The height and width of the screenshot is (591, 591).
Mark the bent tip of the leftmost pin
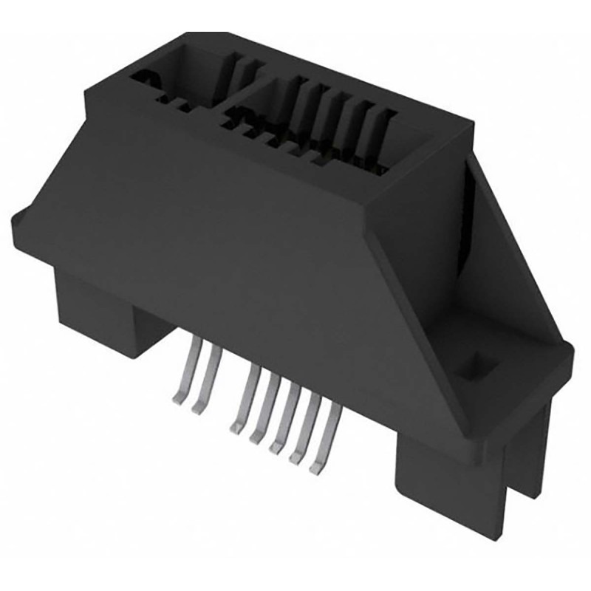(178, 398)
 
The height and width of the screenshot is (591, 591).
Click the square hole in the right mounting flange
(471, 363)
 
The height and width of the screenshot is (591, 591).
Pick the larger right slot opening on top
(318, 126)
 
